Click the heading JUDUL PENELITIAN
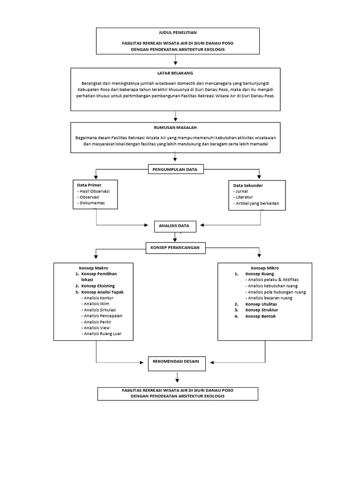(177, 33)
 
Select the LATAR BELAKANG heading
(175, 74)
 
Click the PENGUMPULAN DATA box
(176, 169)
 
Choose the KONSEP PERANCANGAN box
(175, 247)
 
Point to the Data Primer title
(89, 185)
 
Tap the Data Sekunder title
(248, 186)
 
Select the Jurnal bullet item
(242, 192)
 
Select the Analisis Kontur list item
(98, 298)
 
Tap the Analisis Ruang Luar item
(101, 334)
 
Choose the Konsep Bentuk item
(260, 316)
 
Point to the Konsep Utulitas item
(261, 304)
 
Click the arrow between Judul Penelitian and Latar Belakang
(176, 60)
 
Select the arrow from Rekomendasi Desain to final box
(177, 377)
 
